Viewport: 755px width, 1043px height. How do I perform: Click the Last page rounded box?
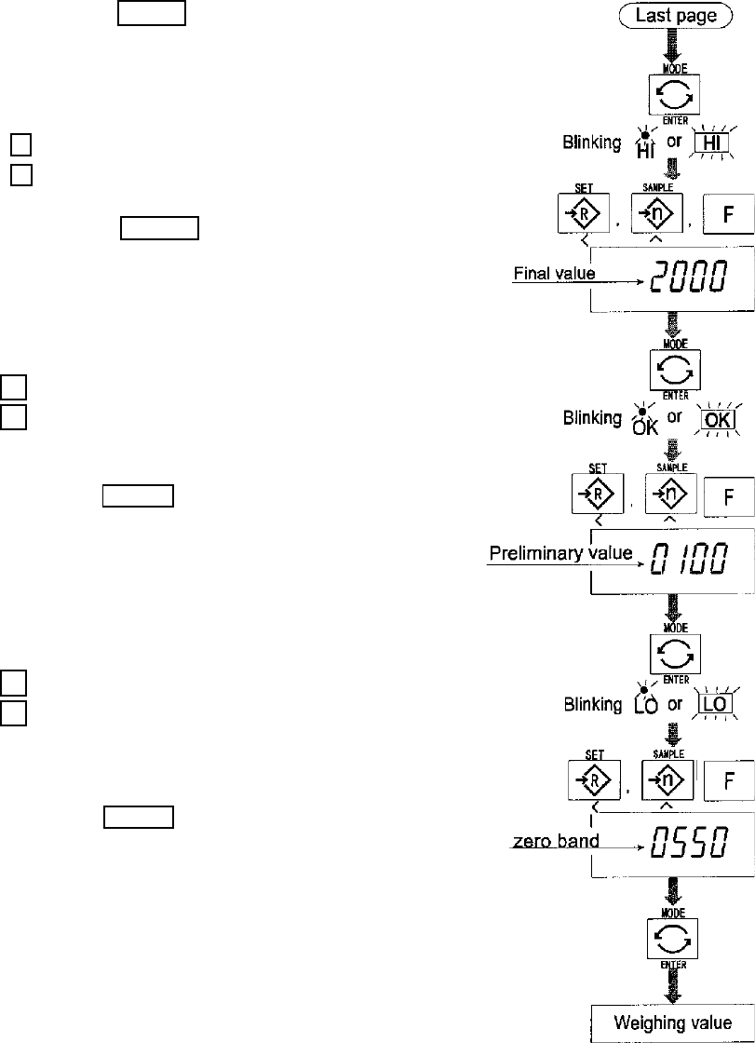(x=677, y=15)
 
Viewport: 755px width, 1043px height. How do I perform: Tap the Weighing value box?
(x=672, y=1023)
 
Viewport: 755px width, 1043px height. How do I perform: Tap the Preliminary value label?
(x=560, y=553)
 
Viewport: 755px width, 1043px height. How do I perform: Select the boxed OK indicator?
(x=712, y=419)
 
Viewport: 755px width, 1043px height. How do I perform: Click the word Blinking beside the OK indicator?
(x=592, y=419)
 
